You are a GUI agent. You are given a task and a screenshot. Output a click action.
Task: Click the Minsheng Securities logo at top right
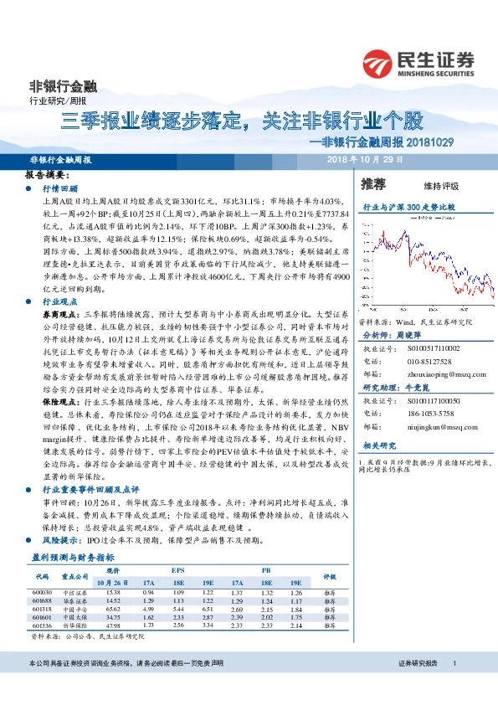(418, 62)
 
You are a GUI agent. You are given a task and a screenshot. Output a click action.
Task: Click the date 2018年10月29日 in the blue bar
(365, 158)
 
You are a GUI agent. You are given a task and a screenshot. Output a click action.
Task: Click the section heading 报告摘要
(45, 177)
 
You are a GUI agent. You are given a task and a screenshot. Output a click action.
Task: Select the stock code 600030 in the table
(44, 592)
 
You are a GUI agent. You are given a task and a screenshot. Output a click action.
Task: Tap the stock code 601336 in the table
(44, 625)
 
